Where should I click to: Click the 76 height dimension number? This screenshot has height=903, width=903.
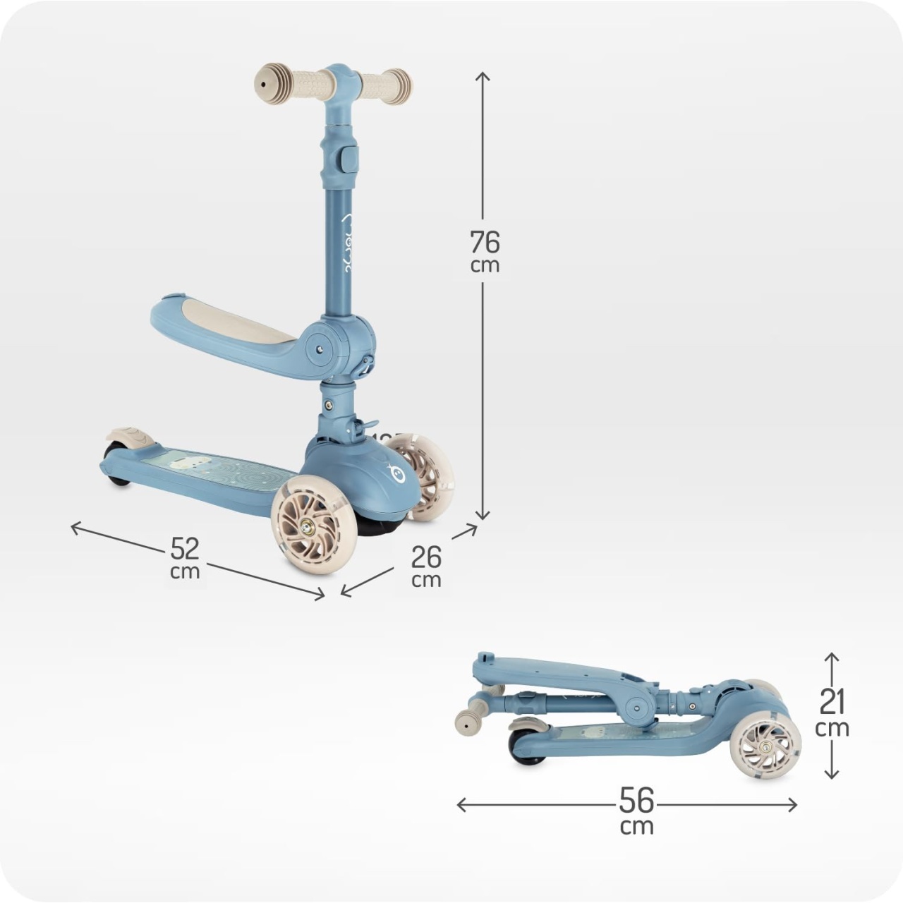pyautogui.click(x=485, y=242)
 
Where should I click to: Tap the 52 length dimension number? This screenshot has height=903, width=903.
pyautogui.click(x=185, y=548)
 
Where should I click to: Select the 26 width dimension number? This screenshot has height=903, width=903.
pyautogui.click(x=426, y=557)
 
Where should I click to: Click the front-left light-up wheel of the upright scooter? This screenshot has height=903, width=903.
pyautogui.click(x=314, y=527)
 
